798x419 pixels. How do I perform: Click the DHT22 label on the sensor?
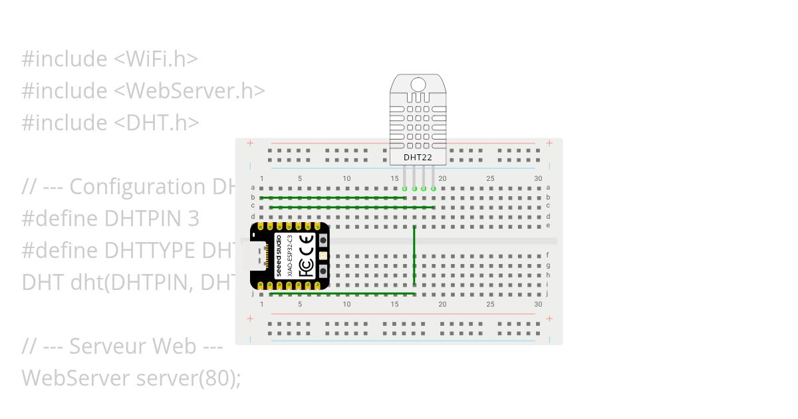click(x=418, y=158)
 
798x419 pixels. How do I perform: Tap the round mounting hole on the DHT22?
click(x=418, y=84)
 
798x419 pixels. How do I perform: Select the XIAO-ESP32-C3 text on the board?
click(x=290, y=257)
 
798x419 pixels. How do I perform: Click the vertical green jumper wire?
click(x=414, y=256)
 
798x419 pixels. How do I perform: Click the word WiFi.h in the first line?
click(x=156, y=59)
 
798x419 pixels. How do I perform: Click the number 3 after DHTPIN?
click(x=194, y=219)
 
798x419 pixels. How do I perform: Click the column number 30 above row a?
click(x=538, y=178)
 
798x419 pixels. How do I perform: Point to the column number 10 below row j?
click(x=346, y=304)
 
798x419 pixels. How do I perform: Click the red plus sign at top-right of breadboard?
click(x=549, y=143)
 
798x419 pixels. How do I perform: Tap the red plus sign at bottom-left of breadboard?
click(x=250, y=319)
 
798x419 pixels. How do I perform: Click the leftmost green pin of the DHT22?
click(x=404, y=189)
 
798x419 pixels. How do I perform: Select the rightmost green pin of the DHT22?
click(x=434, y=189)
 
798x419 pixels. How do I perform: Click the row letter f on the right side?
click(x=548, y=255)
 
